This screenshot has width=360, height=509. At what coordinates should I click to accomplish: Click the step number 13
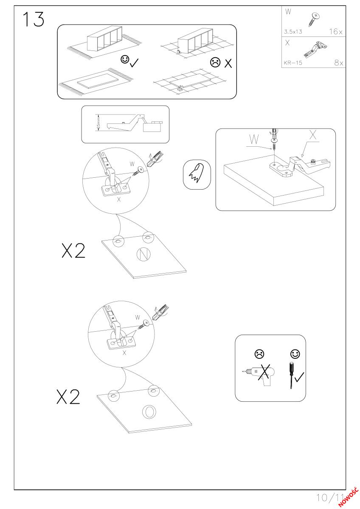[x=34, y=20]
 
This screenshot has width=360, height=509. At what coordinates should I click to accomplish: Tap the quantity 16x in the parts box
[x=336, y=31]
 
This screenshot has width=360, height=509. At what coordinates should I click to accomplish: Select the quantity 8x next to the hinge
[x=338, y=62]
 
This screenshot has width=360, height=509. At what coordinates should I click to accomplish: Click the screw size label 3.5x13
[x=293, y=31]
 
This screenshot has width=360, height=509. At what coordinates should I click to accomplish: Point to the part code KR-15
[x=293, y=63]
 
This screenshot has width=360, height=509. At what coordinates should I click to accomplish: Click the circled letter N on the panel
[x=143, y=254]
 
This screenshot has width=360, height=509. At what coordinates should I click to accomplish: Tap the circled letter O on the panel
[x=149, y=411]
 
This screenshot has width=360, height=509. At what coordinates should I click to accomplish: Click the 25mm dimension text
[x=98, y=123]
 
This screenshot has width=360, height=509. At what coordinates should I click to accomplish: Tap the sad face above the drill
[x=259, y=354]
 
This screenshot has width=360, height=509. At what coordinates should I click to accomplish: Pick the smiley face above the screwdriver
[x=295, y=354]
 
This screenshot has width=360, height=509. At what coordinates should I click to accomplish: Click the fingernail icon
[x=197, y=174]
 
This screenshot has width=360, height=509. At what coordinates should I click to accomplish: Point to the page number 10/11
[x=330, y=498]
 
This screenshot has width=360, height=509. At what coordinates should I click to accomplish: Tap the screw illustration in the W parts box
[x=314, y=19]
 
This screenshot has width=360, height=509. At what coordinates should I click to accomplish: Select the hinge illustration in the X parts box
[x=315, y=49]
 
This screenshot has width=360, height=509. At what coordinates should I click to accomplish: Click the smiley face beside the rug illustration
[x=125, y=59]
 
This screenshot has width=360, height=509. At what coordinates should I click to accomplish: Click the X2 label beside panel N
[x=73, y=250]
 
